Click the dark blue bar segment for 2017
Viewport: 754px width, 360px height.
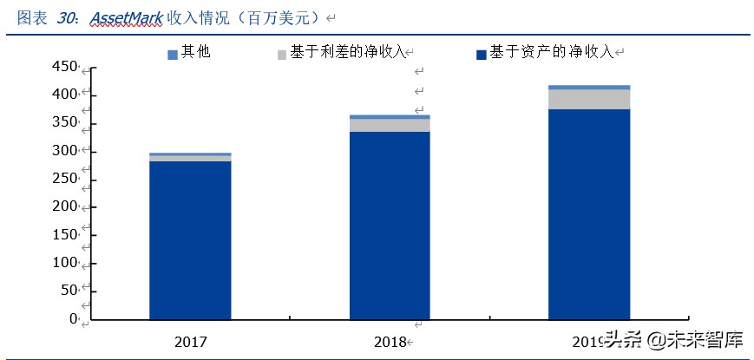pos(190,240)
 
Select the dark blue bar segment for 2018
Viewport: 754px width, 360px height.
pos(390,226)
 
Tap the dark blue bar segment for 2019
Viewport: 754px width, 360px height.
pos(589,214)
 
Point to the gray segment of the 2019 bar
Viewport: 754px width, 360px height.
pos(589,99)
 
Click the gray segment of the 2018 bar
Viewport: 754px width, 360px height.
pos(390,125)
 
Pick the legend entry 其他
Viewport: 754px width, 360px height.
pos(189,52)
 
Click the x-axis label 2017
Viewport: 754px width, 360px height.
pos(190,340)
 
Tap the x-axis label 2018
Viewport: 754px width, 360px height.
pos(390,340)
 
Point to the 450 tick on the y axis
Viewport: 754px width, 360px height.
pos(65,67)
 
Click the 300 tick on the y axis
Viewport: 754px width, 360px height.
pos(65,151)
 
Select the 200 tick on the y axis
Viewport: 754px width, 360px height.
pos(65,206)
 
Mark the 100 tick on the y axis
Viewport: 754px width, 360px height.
pos(65,263)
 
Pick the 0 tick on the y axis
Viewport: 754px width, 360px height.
pos(74,319)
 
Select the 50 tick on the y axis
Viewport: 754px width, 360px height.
pos(69,291)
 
